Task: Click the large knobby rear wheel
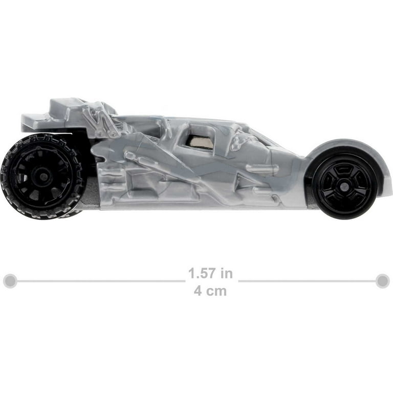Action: point(41,176)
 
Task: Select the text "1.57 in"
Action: point(210,273)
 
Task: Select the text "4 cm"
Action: point(210,291)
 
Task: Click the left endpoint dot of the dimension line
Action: point(10,281)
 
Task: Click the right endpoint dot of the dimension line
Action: point(383,281)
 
